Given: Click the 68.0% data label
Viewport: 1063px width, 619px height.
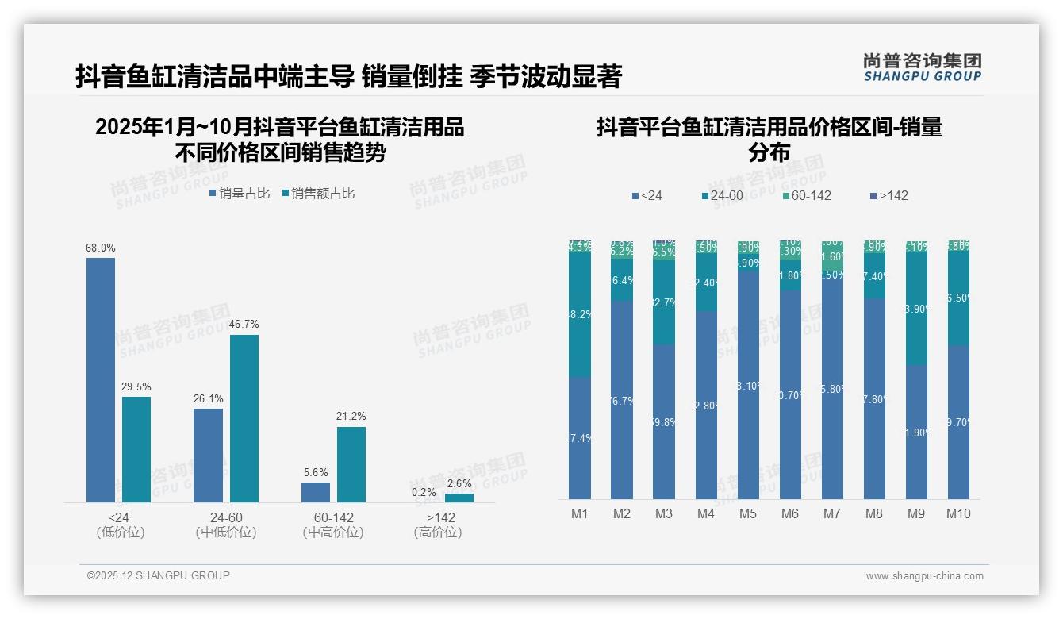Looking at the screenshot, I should pos(101,248).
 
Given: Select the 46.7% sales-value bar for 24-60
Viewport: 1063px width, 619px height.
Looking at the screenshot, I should pos(244,418).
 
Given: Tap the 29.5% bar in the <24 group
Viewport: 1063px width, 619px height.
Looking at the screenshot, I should pos(136,449).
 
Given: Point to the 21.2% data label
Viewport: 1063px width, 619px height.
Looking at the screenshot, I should pos(351,417).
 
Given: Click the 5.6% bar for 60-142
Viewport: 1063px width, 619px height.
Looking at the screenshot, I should pos(316,492).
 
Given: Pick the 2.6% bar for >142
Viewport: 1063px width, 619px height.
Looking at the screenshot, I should pos(459,498).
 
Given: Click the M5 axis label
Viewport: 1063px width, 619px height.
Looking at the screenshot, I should pos(748,514).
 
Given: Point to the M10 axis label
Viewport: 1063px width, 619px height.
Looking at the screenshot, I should pos(958,514).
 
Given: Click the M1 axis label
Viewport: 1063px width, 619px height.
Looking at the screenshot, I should pos(580,514).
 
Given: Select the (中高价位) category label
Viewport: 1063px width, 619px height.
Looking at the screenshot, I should pos(333,532).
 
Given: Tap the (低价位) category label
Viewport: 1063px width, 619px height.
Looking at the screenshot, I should pos(120,532).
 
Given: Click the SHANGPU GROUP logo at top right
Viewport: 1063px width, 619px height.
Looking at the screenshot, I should pos(923,67).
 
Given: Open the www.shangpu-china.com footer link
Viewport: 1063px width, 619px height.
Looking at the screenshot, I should pos(924,576).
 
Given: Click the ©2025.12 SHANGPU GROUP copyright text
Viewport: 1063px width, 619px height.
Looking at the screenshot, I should pos(159,575).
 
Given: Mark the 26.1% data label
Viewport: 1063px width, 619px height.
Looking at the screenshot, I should pos(208,398).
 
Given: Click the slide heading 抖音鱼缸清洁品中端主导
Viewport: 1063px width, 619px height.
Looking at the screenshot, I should pos(215,76).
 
